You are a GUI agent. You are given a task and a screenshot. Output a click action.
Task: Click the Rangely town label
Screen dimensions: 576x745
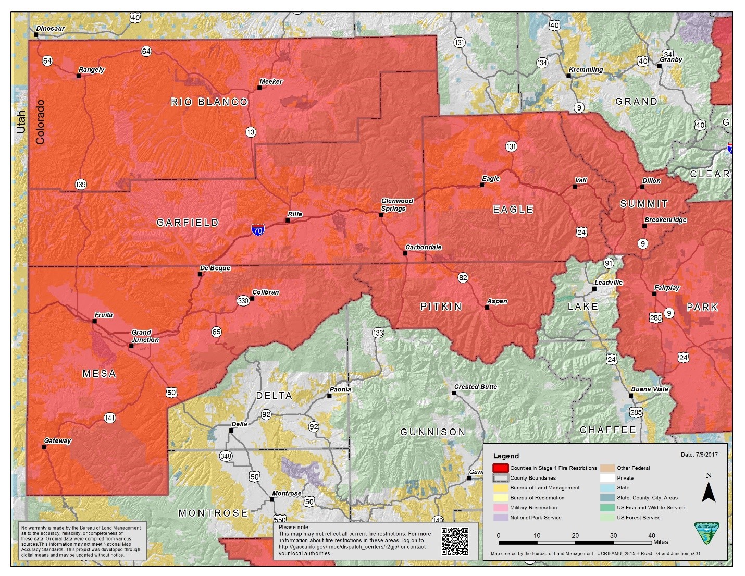pos(91,70)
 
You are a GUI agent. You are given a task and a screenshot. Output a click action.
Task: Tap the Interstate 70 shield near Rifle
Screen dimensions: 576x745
pos(257,229)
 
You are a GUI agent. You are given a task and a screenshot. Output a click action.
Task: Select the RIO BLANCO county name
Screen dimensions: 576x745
pos(209,102)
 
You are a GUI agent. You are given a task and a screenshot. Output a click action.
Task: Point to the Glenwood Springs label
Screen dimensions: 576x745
pos(397,204)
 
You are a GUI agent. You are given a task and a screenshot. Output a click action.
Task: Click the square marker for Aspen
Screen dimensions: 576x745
pos(487,308)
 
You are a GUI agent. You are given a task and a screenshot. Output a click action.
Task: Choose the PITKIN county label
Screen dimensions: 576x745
pos(441,307)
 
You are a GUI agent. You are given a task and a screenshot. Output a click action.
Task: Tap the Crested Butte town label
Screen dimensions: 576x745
pos(475,387)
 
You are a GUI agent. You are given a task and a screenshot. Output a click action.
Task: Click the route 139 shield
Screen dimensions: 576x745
pos(81,185)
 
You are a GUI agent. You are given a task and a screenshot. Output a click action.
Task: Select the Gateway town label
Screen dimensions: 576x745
pos(57,441)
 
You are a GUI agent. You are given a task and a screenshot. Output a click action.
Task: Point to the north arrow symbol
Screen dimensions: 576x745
pos(708,491)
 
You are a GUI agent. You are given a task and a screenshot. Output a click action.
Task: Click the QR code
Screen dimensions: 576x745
pos(455,541)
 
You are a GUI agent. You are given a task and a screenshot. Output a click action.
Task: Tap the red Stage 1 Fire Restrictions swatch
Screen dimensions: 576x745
pos(500,468)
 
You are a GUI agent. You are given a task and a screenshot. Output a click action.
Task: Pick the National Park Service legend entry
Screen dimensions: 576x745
pos(536,518)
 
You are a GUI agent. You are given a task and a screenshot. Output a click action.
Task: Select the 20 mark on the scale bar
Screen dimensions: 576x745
pos(575,535)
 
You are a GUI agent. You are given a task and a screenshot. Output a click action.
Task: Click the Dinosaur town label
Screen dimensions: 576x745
pos(51,29)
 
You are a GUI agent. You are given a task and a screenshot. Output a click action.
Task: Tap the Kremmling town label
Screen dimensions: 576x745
pos(586,70)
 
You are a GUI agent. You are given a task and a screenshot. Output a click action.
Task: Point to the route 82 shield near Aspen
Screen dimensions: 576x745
pos(463,278)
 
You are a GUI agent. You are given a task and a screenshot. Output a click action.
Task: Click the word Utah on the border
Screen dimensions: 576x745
pos(21,122)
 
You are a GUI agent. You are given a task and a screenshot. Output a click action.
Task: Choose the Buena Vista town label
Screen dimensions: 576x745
pos(649,389)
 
